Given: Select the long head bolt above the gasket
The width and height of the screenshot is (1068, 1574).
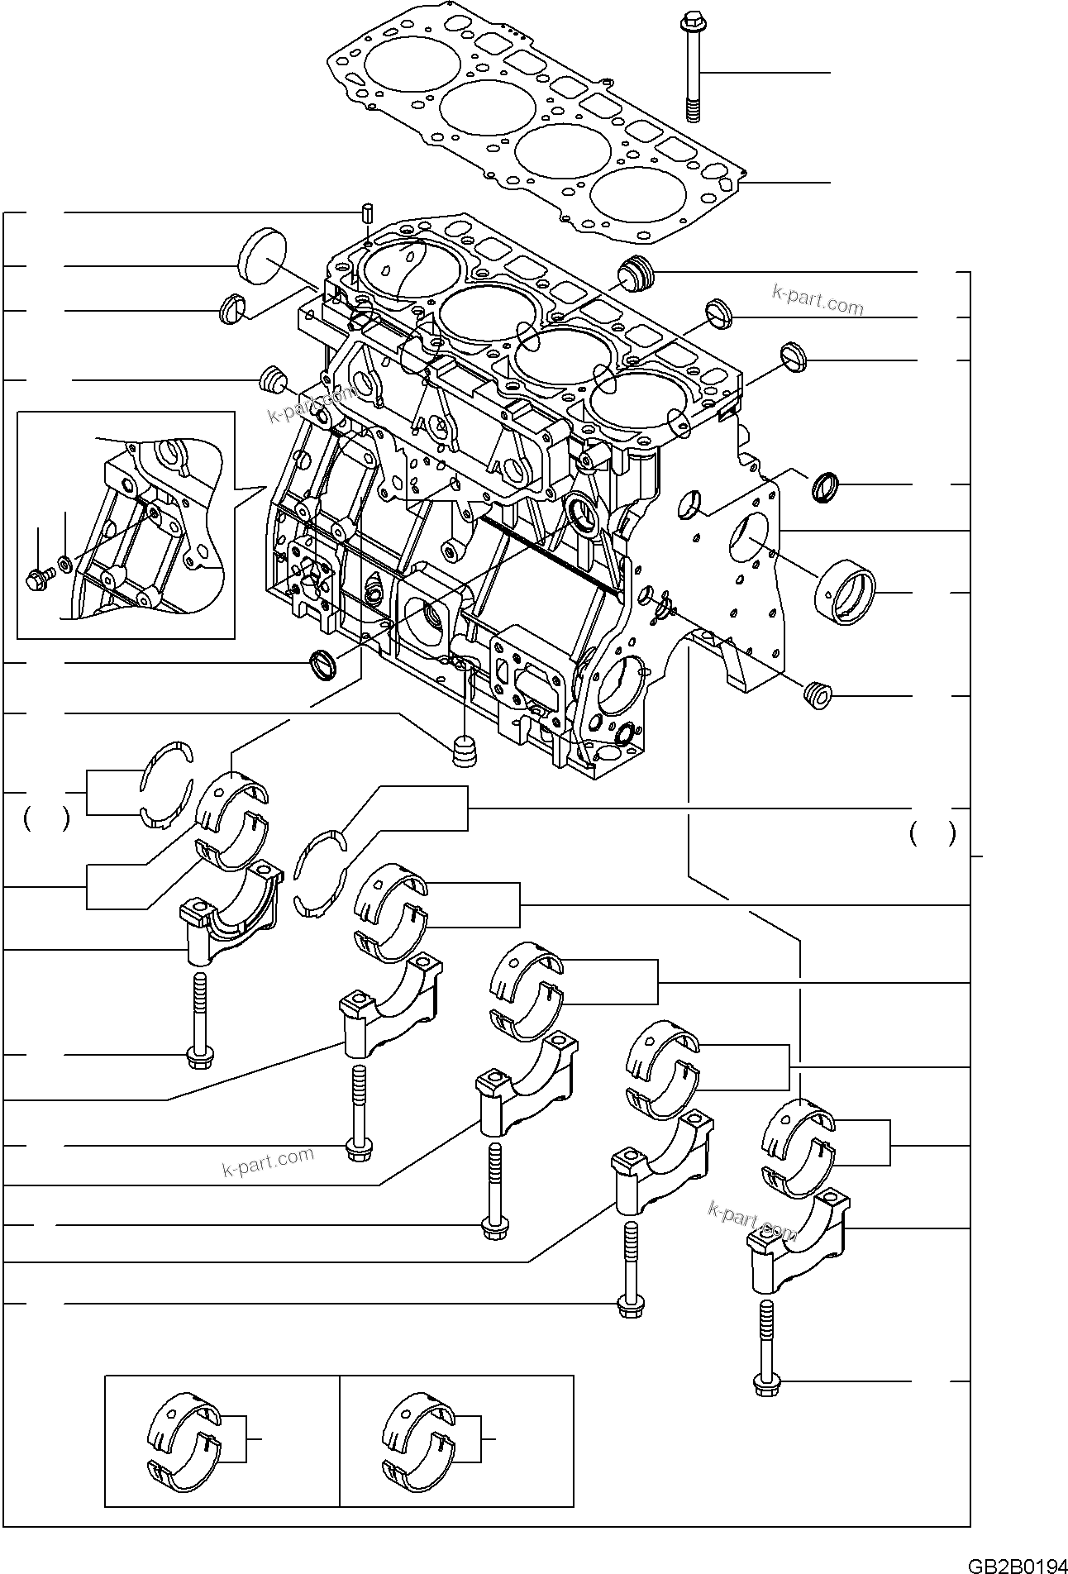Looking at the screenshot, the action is click(x=693, y=69).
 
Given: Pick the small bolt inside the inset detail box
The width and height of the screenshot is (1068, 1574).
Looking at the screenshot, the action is click(x=37, y=580).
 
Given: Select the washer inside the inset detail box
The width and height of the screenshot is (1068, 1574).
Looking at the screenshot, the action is click(x=64, y=570).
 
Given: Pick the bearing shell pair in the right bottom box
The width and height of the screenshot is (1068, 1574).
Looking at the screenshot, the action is click(x=417, y=1440).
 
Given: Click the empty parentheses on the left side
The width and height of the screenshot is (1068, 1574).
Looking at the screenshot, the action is click(x=45, y=820).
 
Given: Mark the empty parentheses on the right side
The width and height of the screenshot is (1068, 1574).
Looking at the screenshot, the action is click(x=932, y=834).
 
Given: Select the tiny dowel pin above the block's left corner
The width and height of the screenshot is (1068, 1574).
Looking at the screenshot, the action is click(x=366, y=212).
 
